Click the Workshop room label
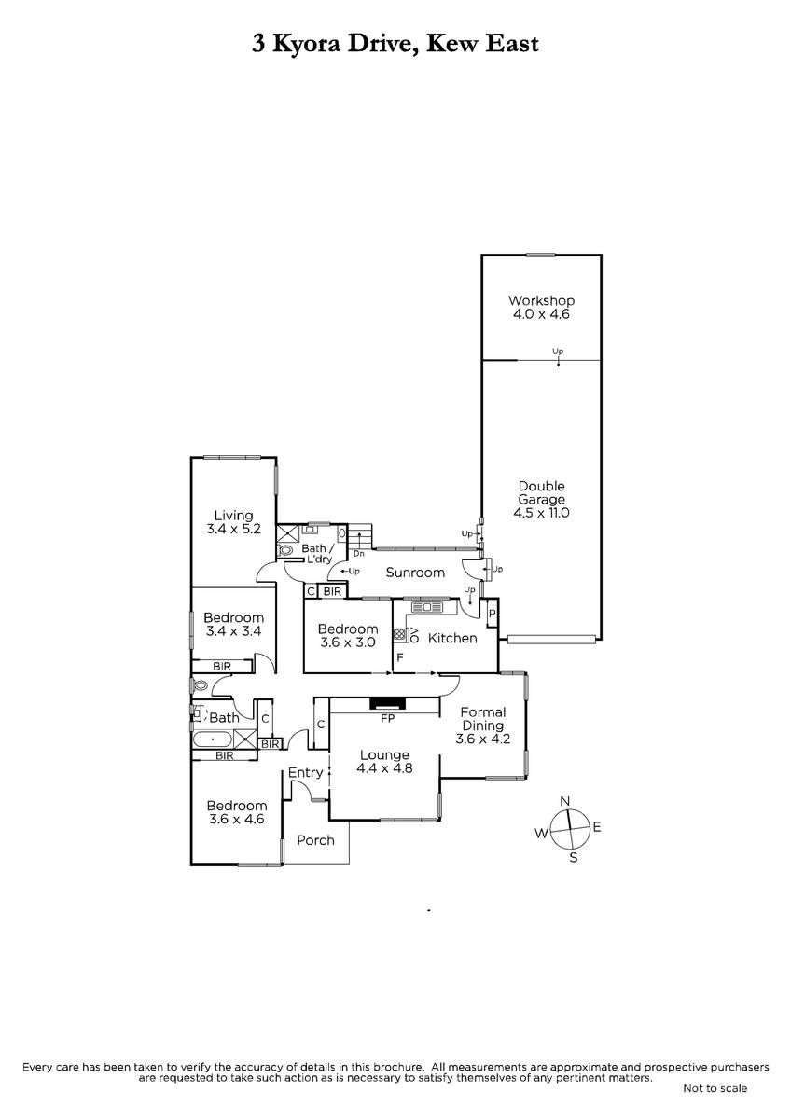tap(541, 300)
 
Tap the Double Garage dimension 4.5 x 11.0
tap(541, 513)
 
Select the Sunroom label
tap(415, 573)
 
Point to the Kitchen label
tap(452, 638)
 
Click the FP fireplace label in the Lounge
tap(388, 718)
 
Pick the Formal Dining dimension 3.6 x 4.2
tap(482, 739)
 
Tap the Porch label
tap(315, 840)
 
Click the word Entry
tap(305, 773)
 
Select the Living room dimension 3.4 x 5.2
tap(233, 529)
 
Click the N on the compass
tap(564, 801)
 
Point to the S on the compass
tap(574, 858)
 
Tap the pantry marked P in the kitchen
tap(492, 613)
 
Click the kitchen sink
tap(427, 607)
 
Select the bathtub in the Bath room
tap(214, 739)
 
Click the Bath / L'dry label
tap(317, 554)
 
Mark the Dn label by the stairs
tap(359, 554)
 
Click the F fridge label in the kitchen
tap(400, 657)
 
